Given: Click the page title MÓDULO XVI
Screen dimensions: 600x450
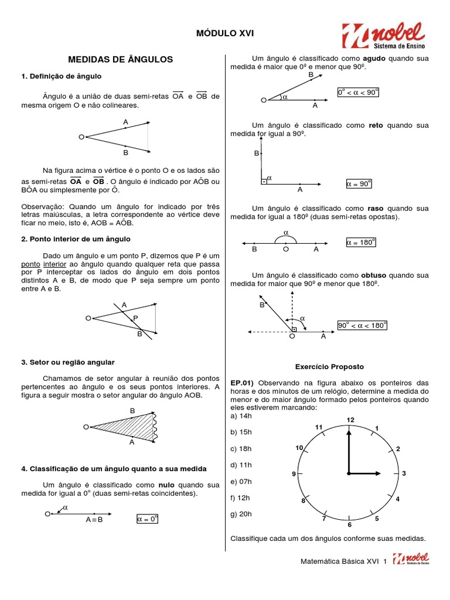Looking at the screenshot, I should (226, 35).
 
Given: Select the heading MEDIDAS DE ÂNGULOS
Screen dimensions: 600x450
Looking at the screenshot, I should (121, 59).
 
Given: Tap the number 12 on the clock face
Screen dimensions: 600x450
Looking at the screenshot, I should (350, 420).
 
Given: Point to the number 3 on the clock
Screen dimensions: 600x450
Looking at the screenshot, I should (404, 473).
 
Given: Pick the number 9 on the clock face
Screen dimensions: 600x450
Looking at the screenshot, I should (294, 473).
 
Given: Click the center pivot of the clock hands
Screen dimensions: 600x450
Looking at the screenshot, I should (349, 473).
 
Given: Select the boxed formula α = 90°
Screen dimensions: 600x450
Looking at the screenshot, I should (359, 184).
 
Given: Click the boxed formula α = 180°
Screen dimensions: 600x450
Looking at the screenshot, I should (360, 242).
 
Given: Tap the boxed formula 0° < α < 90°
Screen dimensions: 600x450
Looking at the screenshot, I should (358, 93).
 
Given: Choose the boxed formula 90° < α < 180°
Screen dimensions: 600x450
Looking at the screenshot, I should (363, 325).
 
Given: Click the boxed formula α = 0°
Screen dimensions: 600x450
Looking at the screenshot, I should (148, 519).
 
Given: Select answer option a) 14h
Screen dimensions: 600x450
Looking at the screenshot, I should (241, 415).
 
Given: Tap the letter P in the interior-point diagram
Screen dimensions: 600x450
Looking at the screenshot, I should (135, 318).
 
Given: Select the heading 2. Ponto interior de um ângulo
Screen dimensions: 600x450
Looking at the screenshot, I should (76, 239).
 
